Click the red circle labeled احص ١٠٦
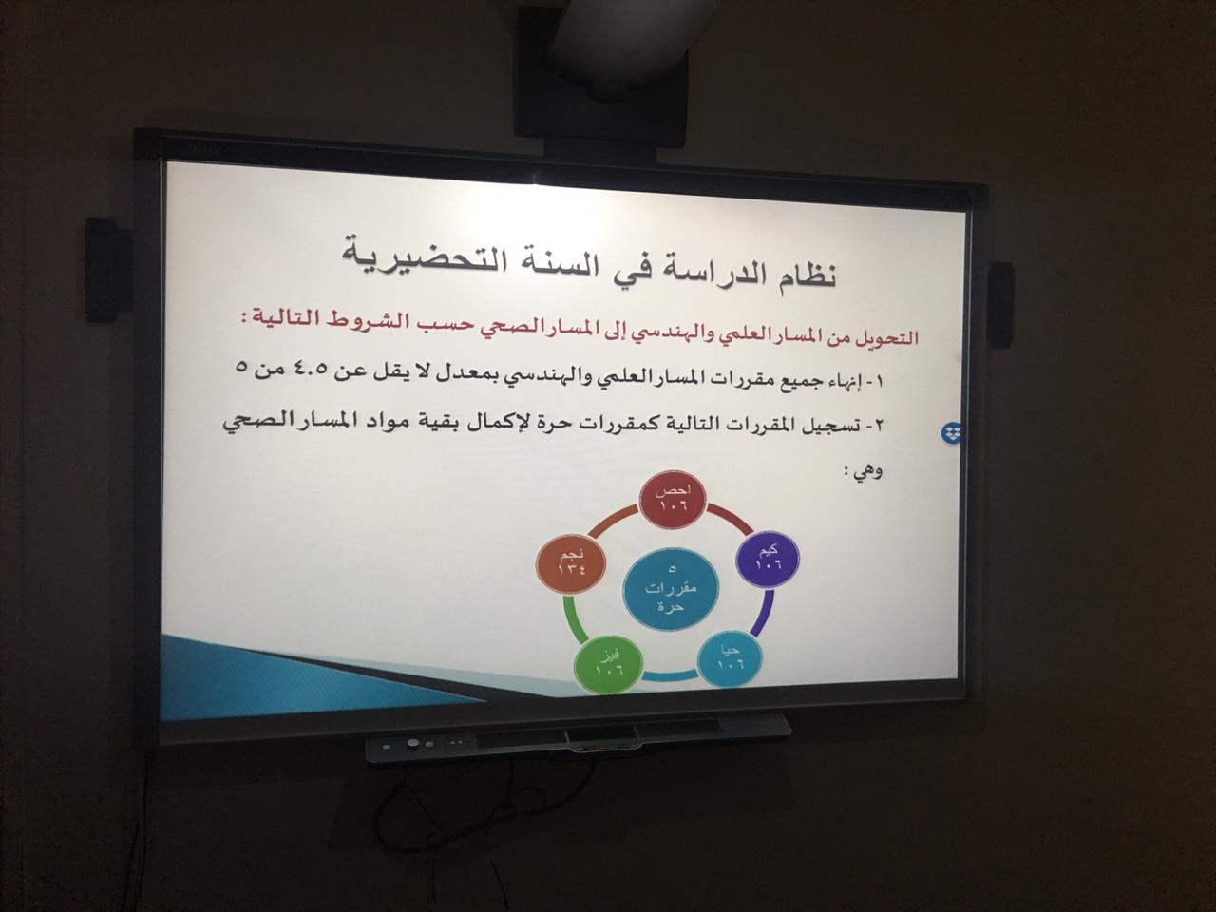click(x=674, y=499)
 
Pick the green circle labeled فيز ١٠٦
click(x=609, y=664)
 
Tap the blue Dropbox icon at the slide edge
click(x=952, y=432)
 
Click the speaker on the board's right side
click(x=1001, y=305)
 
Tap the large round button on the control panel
click(x=412, y=745)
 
